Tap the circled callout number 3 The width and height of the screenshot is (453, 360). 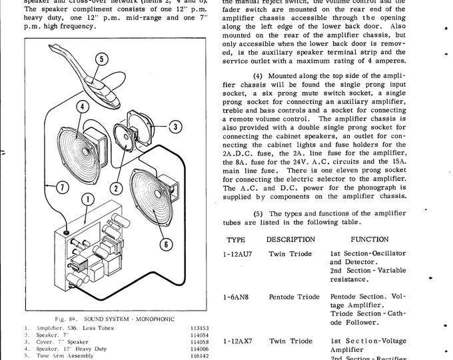click(175, 126)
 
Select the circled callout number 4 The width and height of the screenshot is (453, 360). click(80, 105)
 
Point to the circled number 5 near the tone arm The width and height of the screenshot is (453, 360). click(99, 58)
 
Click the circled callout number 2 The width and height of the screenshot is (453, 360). click(116, 188)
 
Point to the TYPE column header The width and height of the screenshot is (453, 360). click(236, 238)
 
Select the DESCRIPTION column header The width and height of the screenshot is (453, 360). click(291, 238)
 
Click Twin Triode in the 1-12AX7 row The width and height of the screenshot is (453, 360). click(290, 341)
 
